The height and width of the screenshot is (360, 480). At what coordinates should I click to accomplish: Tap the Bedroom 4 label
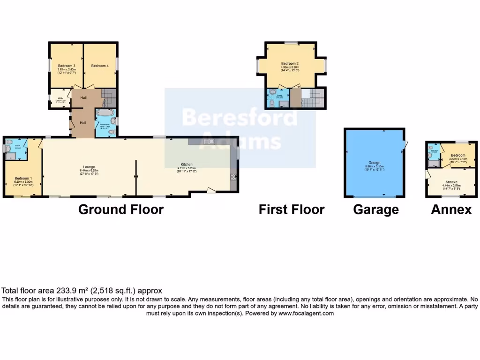[100, 66]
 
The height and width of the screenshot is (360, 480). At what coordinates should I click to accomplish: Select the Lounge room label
[89, 167]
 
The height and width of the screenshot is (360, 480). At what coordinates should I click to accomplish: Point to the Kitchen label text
[187, 165]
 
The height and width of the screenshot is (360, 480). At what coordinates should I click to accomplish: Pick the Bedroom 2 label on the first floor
[290, 63]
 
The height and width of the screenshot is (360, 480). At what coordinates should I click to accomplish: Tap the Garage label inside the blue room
[375, 162]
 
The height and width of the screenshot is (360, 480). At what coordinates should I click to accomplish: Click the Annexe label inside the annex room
[451, 181]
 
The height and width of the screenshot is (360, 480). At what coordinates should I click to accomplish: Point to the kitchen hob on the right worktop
[233, 179]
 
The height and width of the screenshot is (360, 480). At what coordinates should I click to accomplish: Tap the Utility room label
[60, 98]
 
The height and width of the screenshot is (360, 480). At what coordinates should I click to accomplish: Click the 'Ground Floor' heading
[120, 209]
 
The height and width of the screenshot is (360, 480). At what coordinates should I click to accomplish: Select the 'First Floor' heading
[291, 209]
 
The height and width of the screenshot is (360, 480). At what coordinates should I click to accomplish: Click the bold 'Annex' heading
[451, 209]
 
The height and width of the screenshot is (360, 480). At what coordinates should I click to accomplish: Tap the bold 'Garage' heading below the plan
[375, 209]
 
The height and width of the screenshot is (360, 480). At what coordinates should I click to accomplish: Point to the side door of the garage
[406, 146]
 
